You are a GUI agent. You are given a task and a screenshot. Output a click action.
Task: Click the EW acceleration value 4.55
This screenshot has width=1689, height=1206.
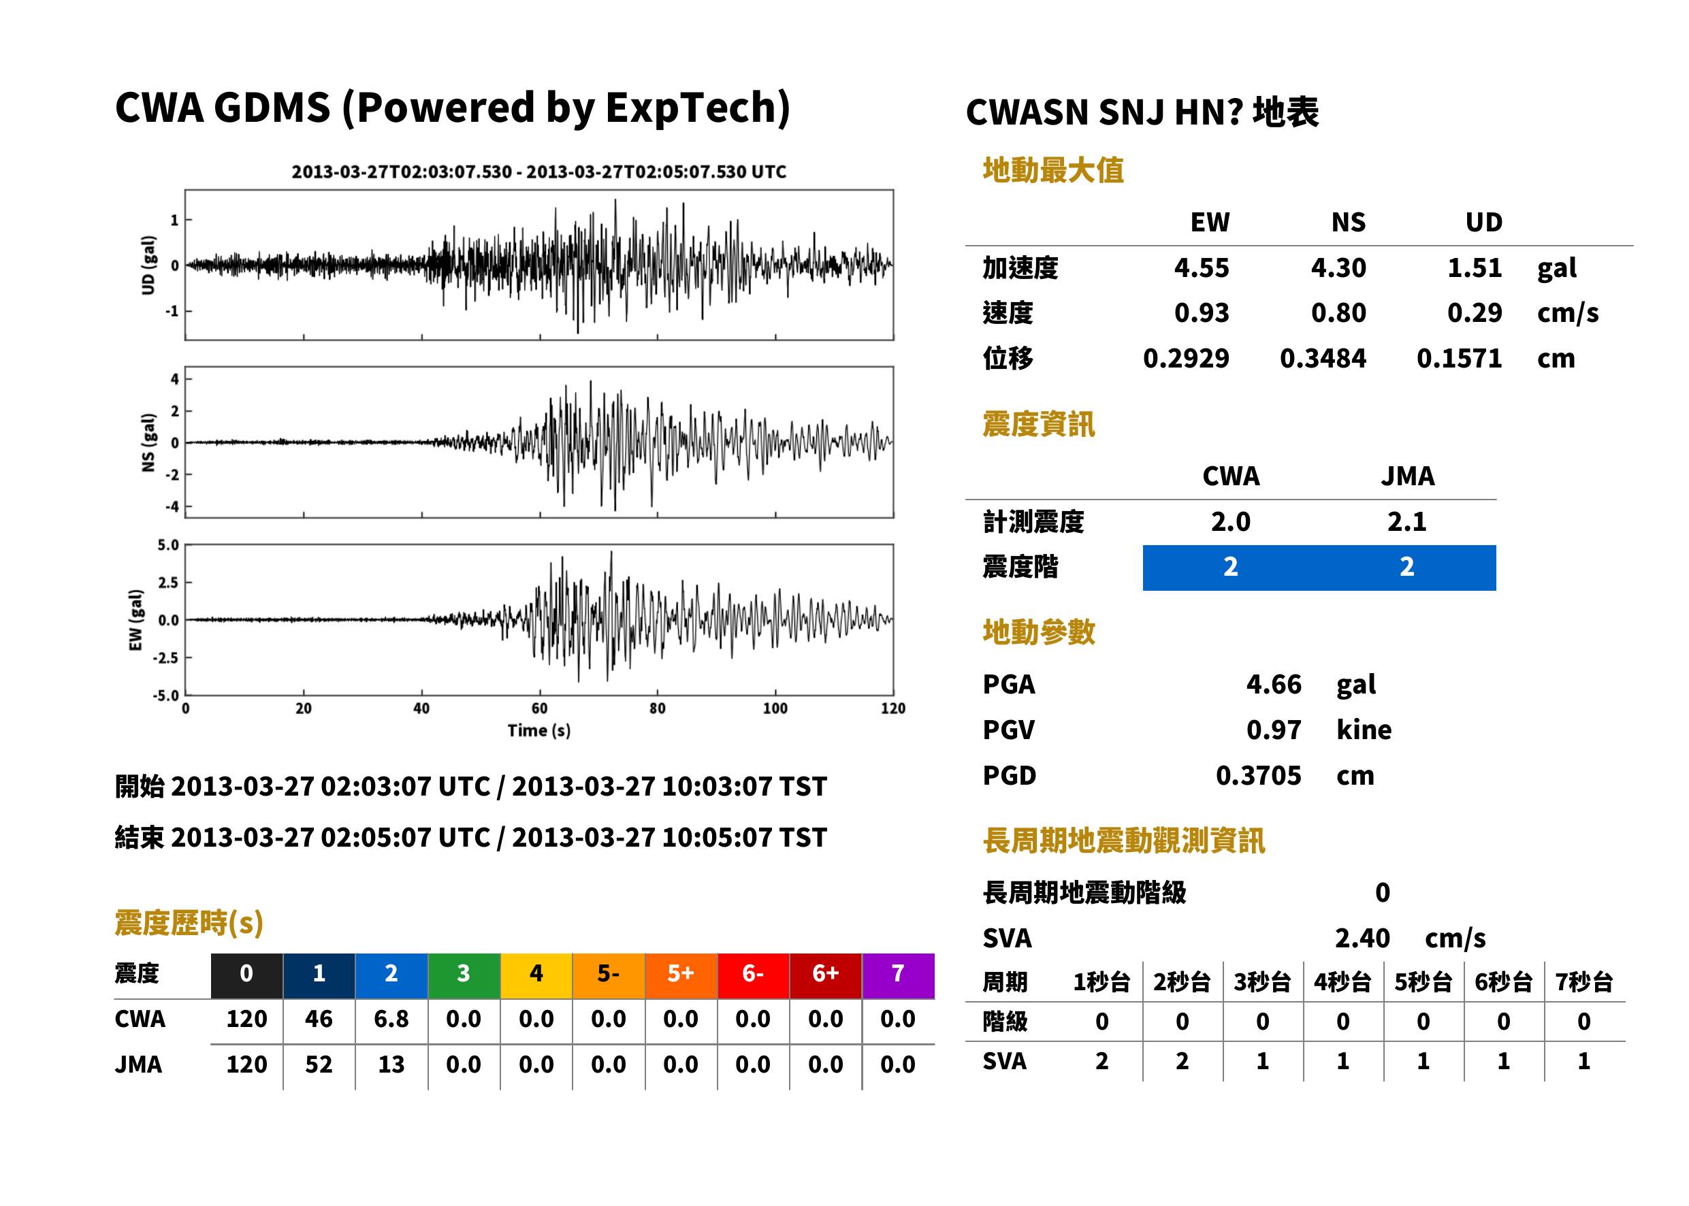pos(1201,267)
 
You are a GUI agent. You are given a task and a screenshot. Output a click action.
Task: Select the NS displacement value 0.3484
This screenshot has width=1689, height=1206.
pos(1323,358)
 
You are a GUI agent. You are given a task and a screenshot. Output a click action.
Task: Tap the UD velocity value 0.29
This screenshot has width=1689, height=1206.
pos(1475,312)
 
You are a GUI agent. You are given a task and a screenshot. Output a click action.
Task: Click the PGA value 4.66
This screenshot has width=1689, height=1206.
pos(1274,684)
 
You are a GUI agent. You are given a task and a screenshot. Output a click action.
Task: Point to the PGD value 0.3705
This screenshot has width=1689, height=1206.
pos(1258,775)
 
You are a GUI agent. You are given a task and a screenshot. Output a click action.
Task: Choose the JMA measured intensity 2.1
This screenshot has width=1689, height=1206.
pos(1406,521)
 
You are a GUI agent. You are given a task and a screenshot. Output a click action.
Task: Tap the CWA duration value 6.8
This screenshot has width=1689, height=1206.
pos(391,1019)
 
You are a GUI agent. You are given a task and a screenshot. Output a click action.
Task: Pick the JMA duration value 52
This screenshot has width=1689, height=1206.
pos(319,1064)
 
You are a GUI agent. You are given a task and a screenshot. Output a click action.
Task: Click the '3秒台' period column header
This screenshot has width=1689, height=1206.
pos(1262,981)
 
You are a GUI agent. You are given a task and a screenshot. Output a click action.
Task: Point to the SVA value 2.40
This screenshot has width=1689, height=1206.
pos(1362,938)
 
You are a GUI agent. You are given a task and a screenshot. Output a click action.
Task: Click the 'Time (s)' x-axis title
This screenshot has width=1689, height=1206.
pos(539,731)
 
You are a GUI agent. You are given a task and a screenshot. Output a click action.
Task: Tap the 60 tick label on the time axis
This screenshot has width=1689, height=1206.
pos(539,708)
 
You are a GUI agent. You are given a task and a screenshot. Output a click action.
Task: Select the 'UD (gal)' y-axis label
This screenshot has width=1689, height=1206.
pos(148,265)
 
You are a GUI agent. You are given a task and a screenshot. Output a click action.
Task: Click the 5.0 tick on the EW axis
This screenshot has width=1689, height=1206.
pos(169,545)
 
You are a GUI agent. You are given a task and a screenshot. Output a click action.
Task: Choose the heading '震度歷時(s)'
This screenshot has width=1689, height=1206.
pos(189,923)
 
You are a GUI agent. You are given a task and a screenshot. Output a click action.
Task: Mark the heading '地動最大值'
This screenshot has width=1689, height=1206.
pos(1053,170)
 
